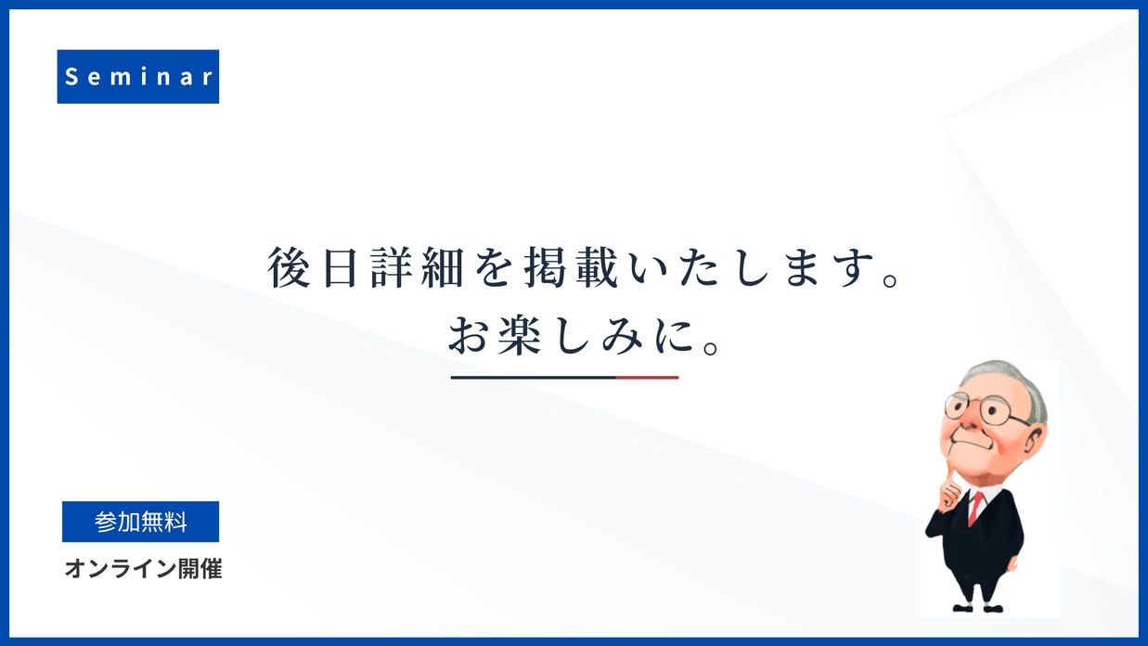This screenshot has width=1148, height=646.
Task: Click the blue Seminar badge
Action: coord(137,76)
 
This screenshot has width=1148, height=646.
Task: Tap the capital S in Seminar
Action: coord(71,77)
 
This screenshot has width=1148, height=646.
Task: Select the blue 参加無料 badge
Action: coord(140,522)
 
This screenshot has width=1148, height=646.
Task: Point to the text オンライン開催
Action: coord(143,569)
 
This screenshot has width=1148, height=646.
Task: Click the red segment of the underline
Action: coord(648,378)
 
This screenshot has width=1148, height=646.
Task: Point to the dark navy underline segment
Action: coord(534,378)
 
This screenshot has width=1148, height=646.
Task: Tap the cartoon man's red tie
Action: coord(975,508)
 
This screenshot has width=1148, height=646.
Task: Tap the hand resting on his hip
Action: coord(1013,562)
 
